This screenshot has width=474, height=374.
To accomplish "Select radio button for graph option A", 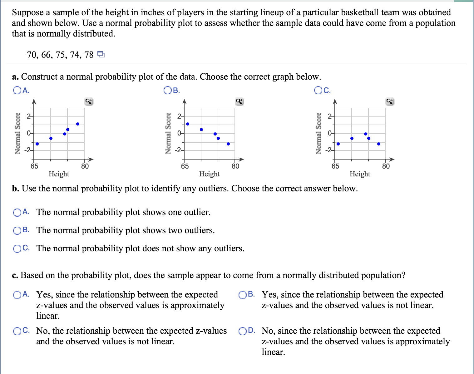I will [17, 91].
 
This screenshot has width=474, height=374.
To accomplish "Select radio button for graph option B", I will [167, 91].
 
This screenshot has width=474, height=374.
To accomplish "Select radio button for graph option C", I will [318, 91].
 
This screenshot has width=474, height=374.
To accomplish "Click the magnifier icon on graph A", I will [89, 101].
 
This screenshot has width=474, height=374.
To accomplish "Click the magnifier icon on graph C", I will [390, 101].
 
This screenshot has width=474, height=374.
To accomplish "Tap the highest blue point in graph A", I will [78, 124].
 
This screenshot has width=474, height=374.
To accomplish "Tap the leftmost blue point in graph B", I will [188, 124].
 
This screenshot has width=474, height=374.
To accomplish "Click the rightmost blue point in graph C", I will [379, 144].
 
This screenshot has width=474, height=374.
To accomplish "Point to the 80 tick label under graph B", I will [235, 166].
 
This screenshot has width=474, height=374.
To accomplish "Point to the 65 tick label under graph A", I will [34, 166].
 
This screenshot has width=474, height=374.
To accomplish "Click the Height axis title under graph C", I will [360, 174].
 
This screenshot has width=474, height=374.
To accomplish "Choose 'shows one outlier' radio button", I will [17, 213].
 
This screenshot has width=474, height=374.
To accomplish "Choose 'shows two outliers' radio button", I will [17, 231].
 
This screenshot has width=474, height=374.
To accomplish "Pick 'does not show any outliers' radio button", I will [17, 249].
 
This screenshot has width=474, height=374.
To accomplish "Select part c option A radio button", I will [17, 294].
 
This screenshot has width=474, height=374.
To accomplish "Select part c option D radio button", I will [242, 331].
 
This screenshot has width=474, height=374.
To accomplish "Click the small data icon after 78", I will [101, 55].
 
